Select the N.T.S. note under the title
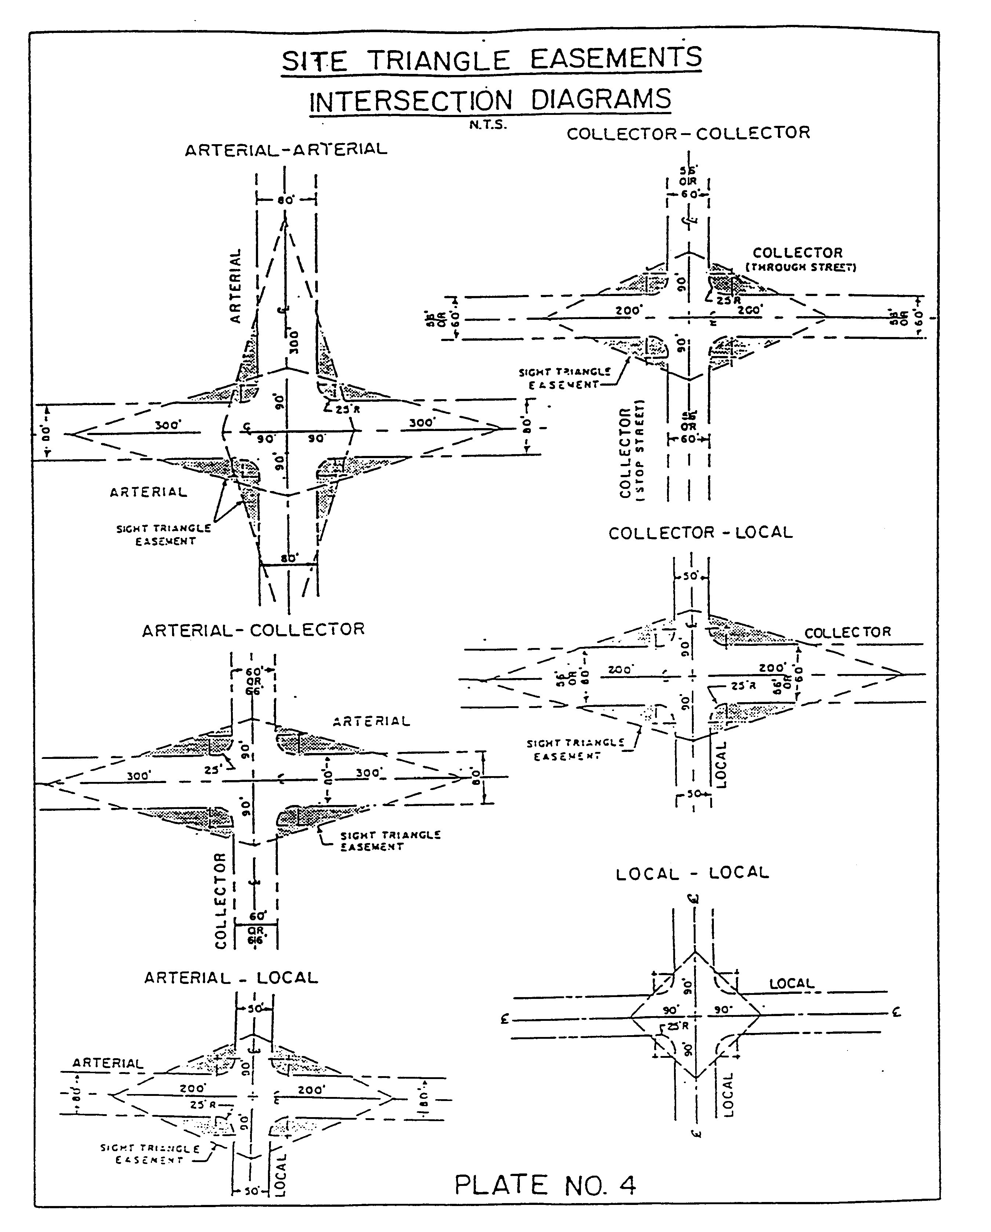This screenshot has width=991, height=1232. click(487, 125)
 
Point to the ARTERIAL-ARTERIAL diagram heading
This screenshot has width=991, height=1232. click(286, 150)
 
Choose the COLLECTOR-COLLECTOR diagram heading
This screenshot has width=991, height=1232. click(688, 133)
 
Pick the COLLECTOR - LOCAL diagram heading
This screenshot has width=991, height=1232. click(700, 532)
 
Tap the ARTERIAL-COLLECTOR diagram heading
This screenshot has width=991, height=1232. click(253, 630)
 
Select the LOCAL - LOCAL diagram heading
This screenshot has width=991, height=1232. click(692, 873)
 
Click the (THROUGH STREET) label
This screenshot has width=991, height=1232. click(801, 267)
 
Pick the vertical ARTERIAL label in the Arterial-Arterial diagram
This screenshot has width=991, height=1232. click(235, 286)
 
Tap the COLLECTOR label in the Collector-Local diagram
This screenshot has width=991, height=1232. click(847, 632)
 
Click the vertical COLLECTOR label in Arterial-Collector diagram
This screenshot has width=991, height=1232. click(221, 900)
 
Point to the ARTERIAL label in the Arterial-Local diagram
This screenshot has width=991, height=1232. click(108, 1063)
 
